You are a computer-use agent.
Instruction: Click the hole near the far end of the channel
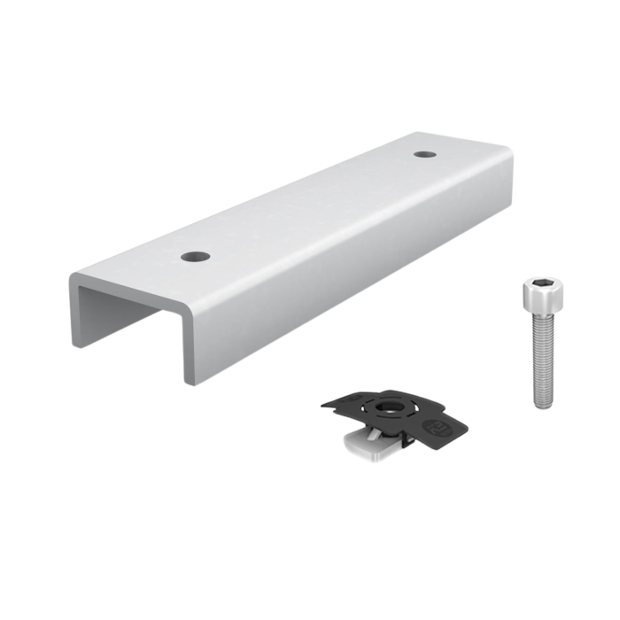click(x=426, y=154)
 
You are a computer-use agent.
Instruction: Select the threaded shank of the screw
click(x=542, y=354)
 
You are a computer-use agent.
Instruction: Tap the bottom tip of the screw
click(x=544, y=406)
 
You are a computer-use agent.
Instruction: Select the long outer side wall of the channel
click(x=354, y=266)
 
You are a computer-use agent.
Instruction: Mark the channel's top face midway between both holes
click(x=310, y=205)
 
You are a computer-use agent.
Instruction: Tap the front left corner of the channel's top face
click(x=73, y=279)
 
